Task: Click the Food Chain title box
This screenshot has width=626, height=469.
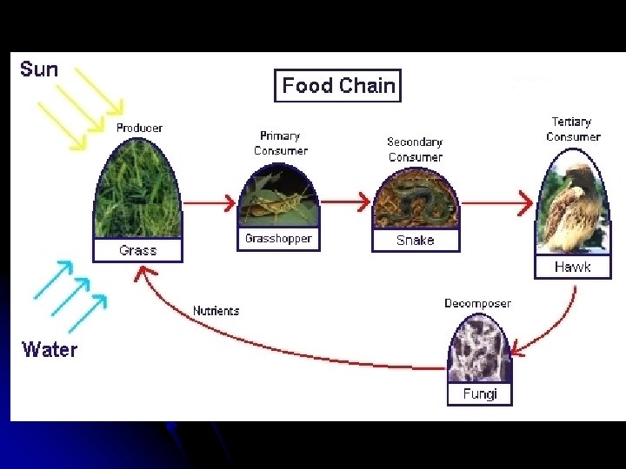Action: [338, 86]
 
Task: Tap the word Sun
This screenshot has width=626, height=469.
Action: [39, 69]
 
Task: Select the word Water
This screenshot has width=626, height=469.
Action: [50, 349]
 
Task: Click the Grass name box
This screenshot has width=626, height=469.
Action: [138, 250]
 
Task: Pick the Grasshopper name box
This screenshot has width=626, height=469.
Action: [278, 239]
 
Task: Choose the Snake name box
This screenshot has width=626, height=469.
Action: [415, 240]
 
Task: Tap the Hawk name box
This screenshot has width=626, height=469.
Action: [572, 267]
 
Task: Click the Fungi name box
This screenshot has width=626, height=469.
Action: [480, 393]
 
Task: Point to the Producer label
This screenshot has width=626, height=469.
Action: [139, 128]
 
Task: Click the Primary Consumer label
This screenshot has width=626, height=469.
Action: [280, 143]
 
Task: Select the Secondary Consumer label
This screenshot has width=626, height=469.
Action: [415, 149]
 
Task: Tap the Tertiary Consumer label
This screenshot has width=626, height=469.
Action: [572, 129]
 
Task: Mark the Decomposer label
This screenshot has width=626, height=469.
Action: [477, 303]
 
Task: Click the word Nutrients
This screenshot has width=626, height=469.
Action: [216, 311]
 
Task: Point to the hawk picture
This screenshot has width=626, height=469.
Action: [571, 209]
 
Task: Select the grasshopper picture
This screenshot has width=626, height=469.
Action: [278, 201]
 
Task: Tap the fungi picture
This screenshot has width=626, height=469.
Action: [479, 350]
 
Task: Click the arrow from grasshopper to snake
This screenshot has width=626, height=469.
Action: [340, 202]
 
